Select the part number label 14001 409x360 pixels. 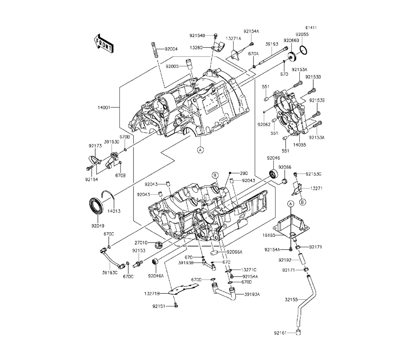104,108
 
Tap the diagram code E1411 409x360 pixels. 310,28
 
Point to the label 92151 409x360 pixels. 160,306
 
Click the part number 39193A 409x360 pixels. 252,294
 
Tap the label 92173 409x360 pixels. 95,145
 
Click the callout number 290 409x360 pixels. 244,173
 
